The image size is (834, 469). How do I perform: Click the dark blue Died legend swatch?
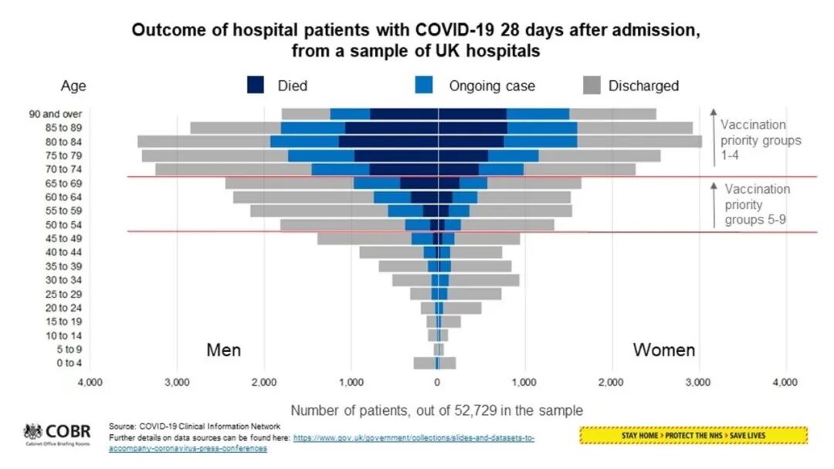pyautogui.click(x=258, y=85)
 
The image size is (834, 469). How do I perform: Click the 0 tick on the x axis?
pyautogui.click(x=437, y=382)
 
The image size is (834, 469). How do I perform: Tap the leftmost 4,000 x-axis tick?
pyautogui.click(x=90, y=382)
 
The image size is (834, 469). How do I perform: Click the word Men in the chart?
pyautogui.click(x=224, y=350)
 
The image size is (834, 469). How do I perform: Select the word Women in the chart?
pyautogui.click(x=664, y=350)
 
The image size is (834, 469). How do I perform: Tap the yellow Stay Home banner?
pyautogui.click(x=693, y=436)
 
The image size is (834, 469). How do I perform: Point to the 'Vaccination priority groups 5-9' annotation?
pyautogui.click(x=758, y=204)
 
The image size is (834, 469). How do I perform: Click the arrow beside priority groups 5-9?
pyautogui.click(x=714, y=204)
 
